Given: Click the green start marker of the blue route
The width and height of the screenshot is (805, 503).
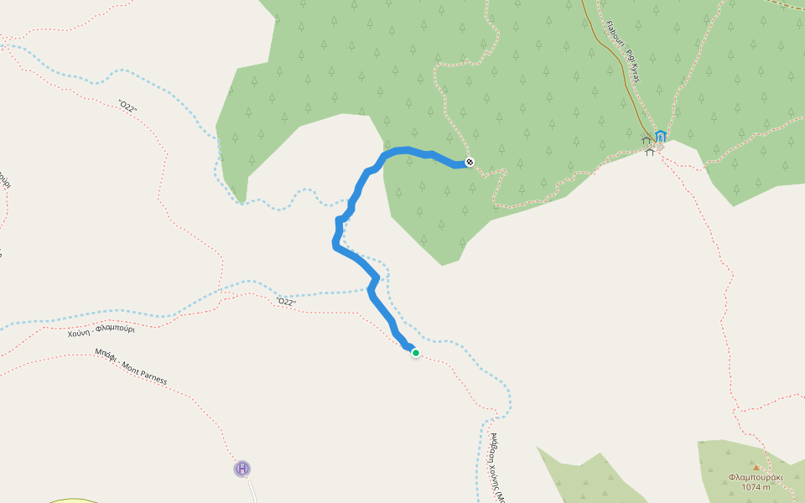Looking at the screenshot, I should click(415, 353).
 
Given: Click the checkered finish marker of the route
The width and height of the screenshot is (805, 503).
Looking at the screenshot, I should click(470, 162).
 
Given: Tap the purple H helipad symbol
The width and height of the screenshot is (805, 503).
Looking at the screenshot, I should click(242, 469).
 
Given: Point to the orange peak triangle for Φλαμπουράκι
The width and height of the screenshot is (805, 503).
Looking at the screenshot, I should click(756, 468).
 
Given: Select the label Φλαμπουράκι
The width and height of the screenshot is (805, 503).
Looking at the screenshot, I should click(756, 477).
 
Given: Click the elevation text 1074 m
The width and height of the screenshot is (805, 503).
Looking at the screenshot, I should click(756, 487).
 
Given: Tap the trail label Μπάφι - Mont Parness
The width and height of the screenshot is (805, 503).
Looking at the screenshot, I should click(131, 366).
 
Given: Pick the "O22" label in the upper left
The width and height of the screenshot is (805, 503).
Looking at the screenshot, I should click(127, 106).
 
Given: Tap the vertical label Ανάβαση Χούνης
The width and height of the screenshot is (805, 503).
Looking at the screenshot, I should click(494, 465).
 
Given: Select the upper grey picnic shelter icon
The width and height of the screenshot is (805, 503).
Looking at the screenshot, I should click(647, 139).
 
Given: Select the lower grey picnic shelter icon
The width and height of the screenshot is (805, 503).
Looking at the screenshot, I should click(649, 151).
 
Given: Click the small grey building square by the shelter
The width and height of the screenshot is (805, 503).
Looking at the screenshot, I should click(661, 147).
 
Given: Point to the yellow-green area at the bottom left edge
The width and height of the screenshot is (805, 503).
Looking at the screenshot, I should click(71, 500).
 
